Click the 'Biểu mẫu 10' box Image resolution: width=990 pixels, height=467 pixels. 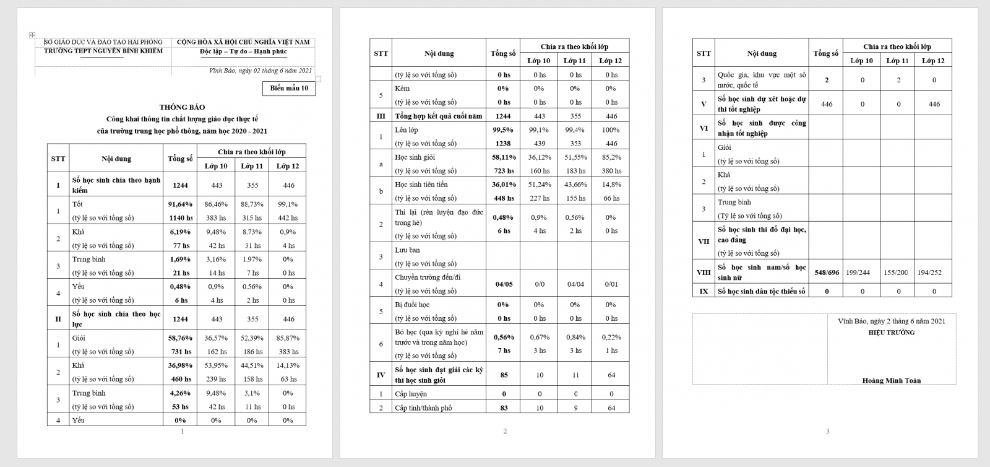[x=289, y=89]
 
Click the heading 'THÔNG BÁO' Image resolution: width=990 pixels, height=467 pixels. [x=182, y=107]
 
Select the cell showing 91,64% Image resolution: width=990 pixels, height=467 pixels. [x=180, y=204]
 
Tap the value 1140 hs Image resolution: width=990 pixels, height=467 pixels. [x=180, y=218]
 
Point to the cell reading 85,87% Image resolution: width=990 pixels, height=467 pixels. [x=288, y=338]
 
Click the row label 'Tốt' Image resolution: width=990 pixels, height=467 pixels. [x=78, y=204]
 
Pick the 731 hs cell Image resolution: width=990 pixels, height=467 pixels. [x=180, y=352]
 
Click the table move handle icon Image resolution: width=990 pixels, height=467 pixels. [x=32, y=35]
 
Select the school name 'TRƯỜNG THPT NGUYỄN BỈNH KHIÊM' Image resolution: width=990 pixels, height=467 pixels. [x=103, y=51]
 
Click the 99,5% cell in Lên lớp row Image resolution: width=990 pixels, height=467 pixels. [x=503, y=130]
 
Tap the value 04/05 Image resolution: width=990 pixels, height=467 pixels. [x=504, y=284]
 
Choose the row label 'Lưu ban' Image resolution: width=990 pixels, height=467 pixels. [x=407, y=250]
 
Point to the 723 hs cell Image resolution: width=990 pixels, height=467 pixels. [x=503, y=171]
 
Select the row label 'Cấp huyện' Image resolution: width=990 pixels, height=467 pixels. [x=411, y=394]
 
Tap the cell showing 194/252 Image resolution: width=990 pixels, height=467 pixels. [x=934, y=273]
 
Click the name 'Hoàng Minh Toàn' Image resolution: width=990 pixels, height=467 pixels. [x=891, y=381]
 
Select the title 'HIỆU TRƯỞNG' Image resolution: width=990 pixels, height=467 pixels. [x=891, y=333]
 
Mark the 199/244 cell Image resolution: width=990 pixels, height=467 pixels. [x=861, y=273]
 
